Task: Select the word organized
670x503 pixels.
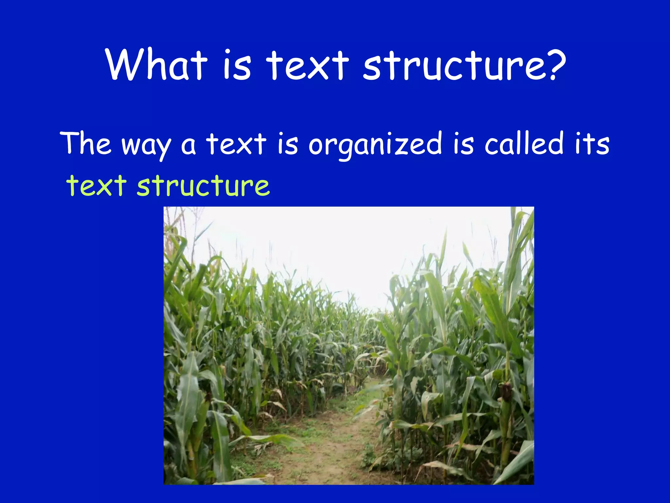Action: click(x=375, y=144)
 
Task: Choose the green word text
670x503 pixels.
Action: click(x=97, y=186)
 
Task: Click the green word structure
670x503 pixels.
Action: click(x=203, y=186)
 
